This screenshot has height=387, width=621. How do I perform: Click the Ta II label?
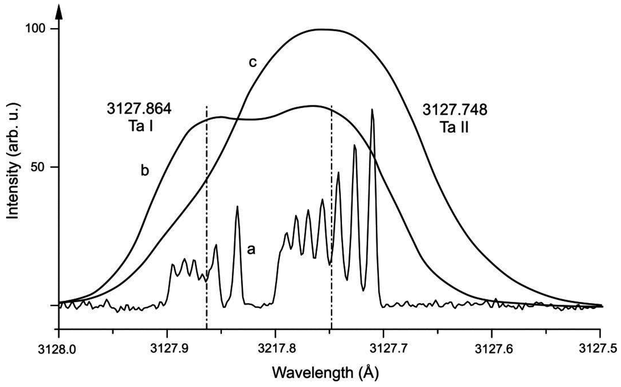point(454,127)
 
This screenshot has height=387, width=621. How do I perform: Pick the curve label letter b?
point(145,171)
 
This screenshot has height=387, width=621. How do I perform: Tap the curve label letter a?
point(251,249)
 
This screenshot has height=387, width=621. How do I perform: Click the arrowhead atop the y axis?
point(59,12)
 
